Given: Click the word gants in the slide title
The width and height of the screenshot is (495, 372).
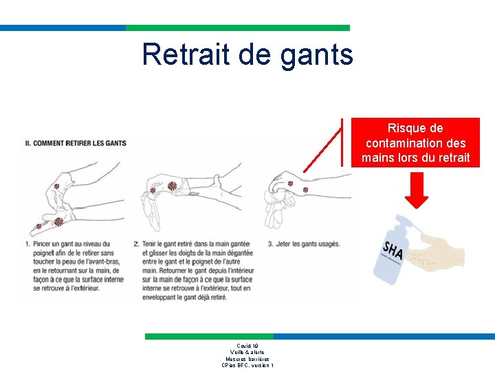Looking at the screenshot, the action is (x=317, y=55).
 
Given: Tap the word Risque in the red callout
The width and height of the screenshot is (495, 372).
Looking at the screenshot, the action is (x=406, y=128).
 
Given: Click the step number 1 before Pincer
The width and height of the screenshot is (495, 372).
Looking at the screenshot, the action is (x=26, y=244).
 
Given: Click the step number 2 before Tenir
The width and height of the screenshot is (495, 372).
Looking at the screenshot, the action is (x=136, y=244).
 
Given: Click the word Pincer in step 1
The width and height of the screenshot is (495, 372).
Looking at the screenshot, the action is (x=43, y=244).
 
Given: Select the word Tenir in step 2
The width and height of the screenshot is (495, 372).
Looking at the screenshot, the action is (x=151, y=244).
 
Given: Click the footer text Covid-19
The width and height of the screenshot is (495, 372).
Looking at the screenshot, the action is (x=247, y=346).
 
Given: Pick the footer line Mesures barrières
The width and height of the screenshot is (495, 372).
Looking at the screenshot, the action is (x=247, y=359).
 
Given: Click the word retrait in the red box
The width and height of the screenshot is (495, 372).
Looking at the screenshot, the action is (x=454, y=158).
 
